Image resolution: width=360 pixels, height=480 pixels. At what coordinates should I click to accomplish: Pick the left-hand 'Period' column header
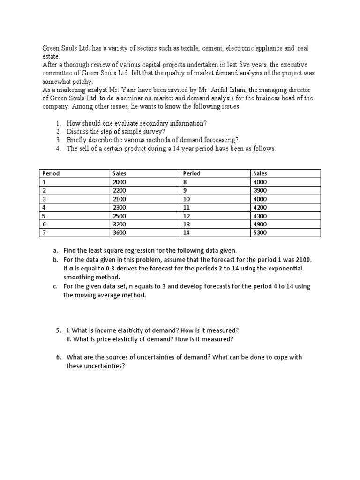[51, 173]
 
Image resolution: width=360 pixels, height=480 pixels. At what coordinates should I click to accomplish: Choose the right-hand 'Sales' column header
[260, 173]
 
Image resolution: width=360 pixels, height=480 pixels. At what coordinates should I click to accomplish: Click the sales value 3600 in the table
[120, 232]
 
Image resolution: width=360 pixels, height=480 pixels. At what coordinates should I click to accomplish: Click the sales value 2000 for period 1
[120, 182]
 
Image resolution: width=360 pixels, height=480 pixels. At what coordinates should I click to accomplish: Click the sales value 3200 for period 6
[120, 224]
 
